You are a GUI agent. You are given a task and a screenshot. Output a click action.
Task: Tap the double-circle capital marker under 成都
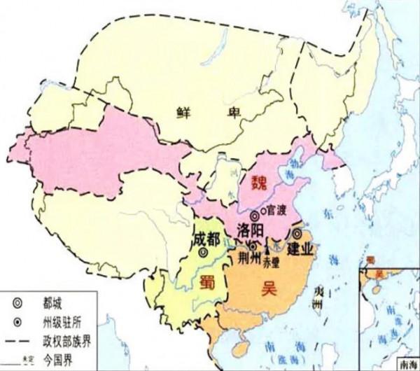(x=204, y=255)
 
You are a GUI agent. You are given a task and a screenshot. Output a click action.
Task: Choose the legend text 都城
(x=54, y=304)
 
